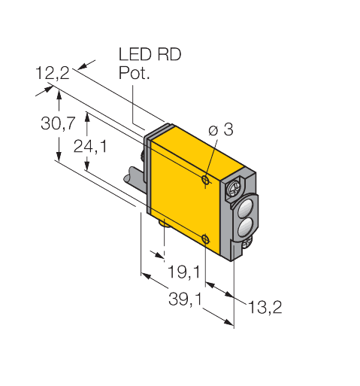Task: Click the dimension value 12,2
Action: point(53,74)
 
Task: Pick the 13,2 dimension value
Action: point(264,308)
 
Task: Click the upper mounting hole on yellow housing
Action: point(207,180)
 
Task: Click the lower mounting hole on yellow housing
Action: point(207,239)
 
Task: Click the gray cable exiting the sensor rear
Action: point(135,181)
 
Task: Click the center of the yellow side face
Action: point(184,196)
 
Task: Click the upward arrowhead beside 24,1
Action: point(89,117)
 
